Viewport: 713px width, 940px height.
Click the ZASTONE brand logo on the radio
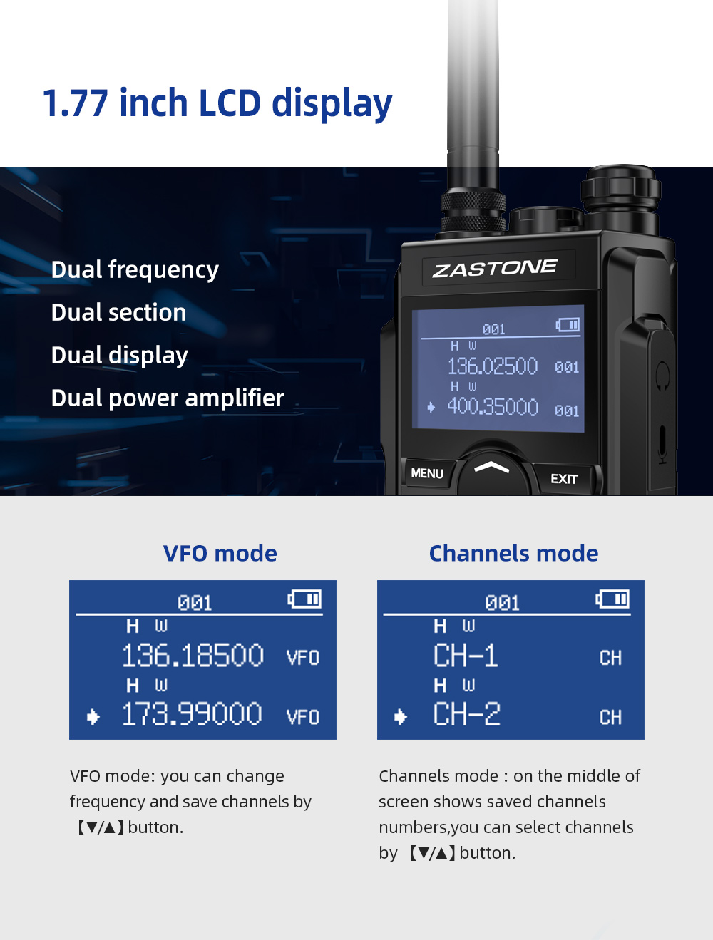495,269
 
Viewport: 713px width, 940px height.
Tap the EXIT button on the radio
564,479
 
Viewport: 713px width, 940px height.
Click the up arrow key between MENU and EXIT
492,468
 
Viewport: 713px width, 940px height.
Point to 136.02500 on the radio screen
492,366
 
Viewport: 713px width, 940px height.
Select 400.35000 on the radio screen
492,407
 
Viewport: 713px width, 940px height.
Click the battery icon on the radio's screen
568,325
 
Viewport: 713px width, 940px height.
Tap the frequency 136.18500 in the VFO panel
193,656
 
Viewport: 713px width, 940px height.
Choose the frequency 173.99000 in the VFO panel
192,714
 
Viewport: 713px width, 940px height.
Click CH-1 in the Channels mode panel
466,656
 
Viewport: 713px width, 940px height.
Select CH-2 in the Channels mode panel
467,714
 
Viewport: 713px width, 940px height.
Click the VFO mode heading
220,553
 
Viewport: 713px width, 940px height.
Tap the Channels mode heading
513,553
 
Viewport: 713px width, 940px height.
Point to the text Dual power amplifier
168,398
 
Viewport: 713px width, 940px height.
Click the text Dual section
118,312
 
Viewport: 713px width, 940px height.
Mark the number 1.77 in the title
75,103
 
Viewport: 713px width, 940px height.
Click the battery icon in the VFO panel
305,599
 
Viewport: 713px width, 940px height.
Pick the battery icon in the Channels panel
613,599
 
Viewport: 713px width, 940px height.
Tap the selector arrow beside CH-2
401,717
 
